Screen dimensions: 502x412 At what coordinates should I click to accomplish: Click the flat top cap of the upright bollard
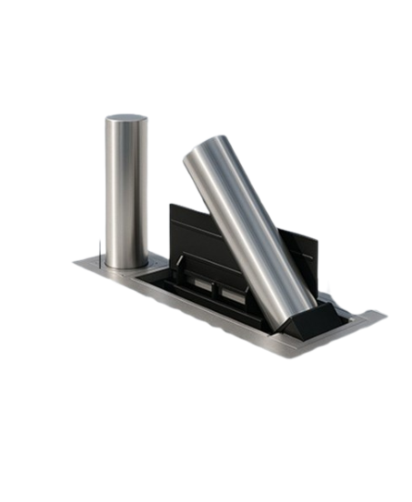tap(126, 119)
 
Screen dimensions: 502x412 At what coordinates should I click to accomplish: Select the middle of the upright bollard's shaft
tap(126, 191)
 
